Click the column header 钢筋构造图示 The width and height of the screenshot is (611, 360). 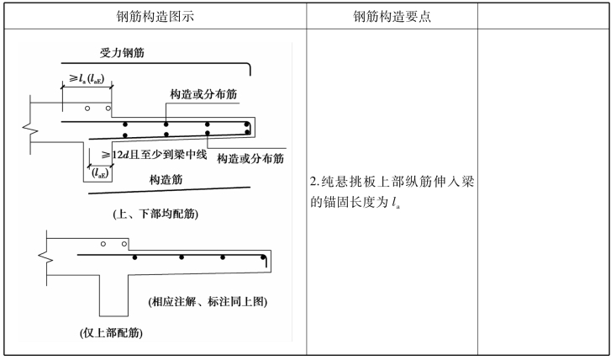155,16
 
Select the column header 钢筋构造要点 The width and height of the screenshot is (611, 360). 392,16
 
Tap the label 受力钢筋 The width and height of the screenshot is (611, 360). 122,53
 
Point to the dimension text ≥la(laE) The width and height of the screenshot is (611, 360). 87,78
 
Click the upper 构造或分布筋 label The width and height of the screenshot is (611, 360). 203,94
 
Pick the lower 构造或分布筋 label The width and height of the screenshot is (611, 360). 250,158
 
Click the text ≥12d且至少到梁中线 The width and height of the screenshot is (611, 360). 154,155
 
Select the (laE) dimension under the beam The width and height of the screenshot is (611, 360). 100,173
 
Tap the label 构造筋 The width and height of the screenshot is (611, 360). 166,180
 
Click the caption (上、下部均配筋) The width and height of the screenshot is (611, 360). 155,214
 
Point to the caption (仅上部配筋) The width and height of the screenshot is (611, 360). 111,333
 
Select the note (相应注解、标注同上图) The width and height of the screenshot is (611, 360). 208,301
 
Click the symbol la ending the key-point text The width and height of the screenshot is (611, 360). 397,204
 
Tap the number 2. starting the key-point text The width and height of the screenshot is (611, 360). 315,183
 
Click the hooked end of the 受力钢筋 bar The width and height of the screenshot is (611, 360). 248,69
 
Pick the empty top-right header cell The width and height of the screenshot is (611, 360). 543,16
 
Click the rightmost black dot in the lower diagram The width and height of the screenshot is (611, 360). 263,257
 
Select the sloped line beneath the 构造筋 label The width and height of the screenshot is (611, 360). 169,190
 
